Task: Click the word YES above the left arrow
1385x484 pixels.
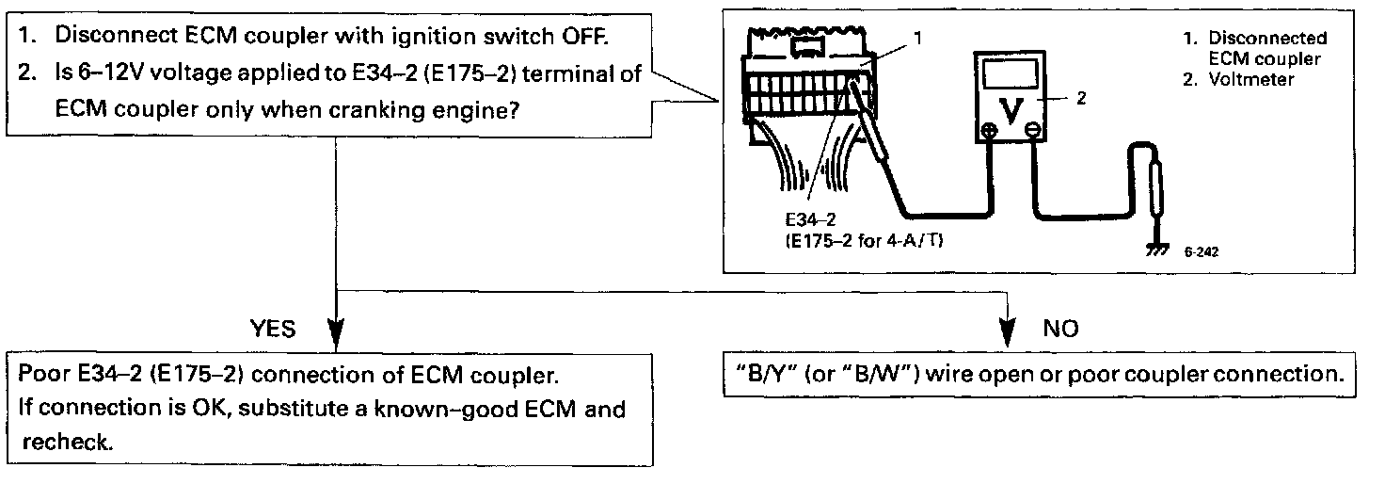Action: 273,329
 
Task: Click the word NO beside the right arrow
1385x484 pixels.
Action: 1061,329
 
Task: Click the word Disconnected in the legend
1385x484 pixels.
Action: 1267,39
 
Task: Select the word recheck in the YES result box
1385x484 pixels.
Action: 66,442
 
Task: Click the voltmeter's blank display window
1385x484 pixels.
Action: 1010,71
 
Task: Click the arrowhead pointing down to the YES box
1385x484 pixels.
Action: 336,334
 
